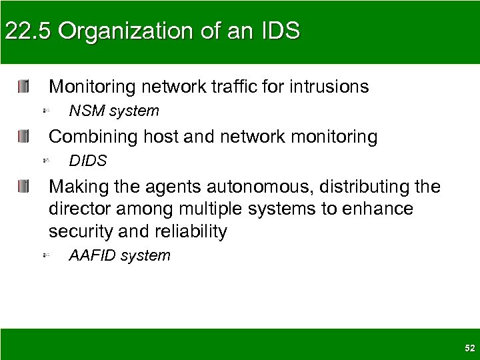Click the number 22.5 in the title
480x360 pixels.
(x=25, y=31)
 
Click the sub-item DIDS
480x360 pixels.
(x=88, y=161)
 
